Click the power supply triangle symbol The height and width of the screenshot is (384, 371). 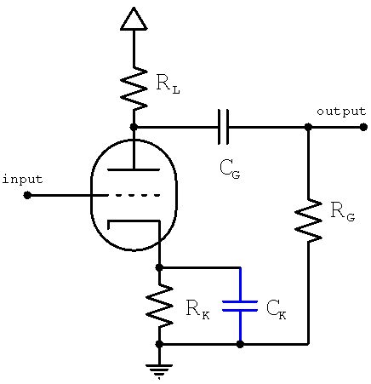click(x=134, y=19)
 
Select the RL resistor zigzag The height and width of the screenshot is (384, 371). click(x=134, y=88)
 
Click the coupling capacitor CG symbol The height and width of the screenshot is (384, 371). click(x=224, y=127)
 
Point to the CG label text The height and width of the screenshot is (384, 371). click(x=229, y=169)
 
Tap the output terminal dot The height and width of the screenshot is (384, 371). click(x=363, y=127)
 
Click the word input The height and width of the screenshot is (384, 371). click(x=23, y=179)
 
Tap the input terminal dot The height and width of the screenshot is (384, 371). click(x=27, y=195)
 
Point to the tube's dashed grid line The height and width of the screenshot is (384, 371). click(x=136, y=195)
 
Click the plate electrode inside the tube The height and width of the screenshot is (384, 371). click(x=134, y=170)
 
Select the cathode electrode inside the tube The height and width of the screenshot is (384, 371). click(x=134, y=222)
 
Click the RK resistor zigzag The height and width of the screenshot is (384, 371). click(x=159, y=305)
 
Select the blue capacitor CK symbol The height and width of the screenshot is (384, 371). click(x=240, y=306)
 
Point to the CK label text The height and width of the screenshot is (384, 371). click(x=276, y=309)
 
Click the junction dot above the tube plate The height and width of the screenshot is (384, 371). click(x=134, y=127)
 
